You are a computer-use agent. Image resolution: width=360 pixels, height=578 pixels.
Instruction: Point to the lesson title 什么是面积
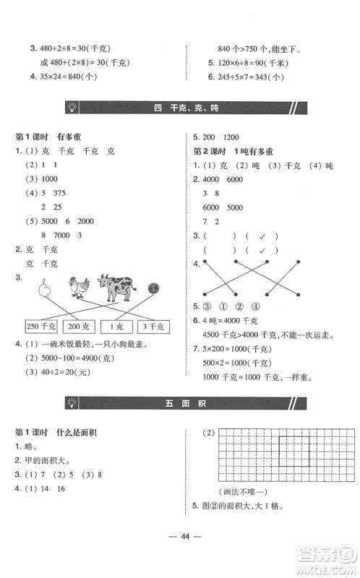[77, 432]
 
